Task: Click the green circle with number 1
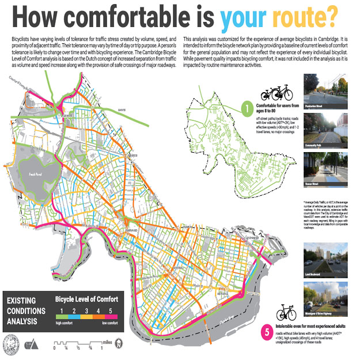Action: click(x=245, y=107)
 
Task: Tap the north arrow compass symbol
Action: click(x=119, y=344)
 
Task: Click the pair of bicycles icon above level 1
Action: click(x=274, y=93)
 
